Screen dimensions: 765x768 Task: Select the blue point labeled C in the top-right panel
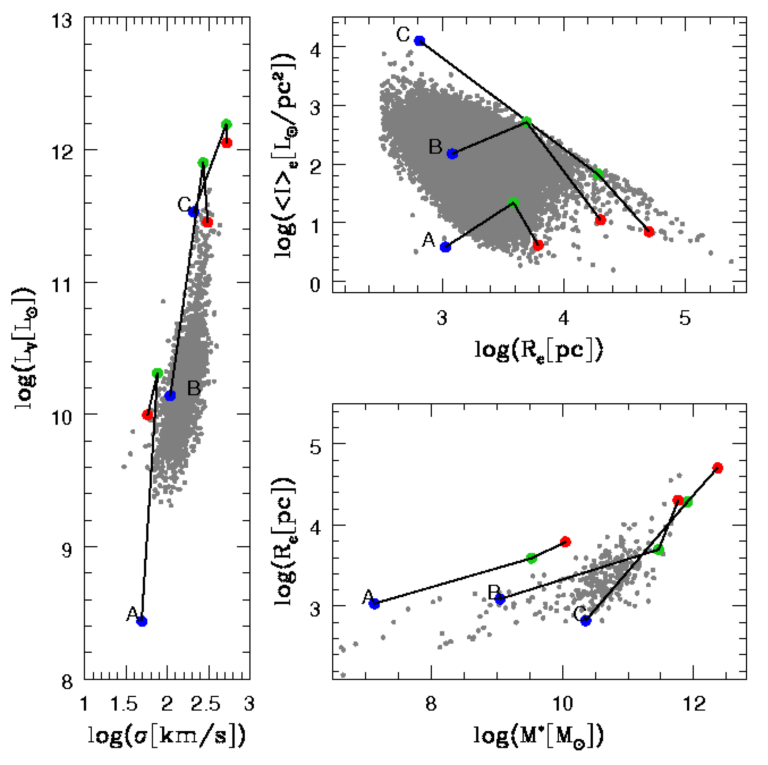(420, 41)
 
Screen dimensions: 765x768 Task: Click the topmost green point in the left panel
(226, 124)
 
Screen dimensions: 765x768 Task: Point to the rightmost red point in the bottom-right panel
(718, 468)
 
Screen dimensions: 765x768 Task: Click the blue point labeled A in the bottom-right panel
(374, 604)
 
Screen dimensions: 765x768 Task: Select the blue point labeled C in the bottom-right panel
(586, 621)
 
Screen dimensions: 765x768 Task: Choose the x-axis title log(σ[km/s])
(167, 735)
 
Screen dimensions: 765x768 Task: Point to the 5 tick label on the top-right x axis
(685, 318)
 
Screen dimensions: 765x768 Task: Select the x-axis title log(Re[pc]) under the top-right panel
(539, 350)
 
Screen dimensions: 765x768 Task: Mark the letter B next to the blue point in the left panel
(194, 388)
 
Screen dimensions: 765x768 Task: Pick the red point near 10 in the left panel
(148, 415)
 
